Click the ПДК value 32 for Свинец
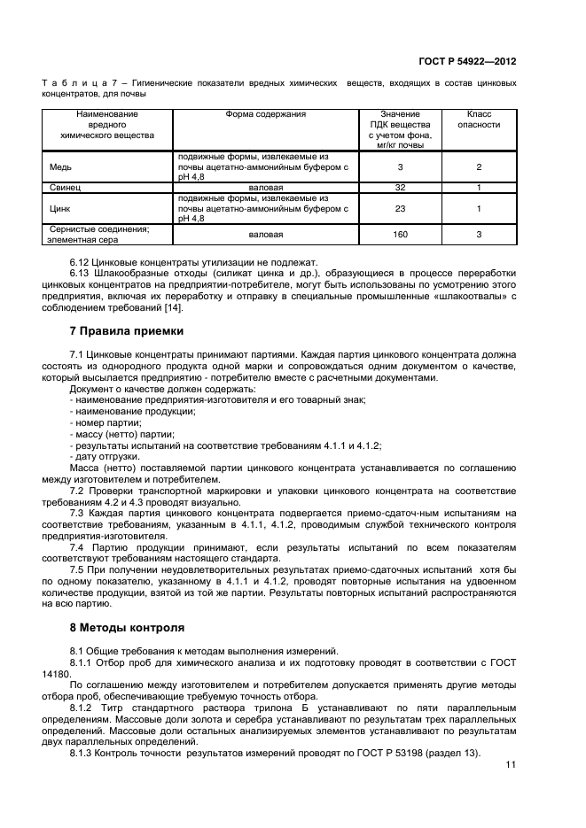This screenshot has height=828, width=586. click(400, 188)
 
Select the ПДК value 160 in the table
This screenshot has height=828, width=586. click(400, 235)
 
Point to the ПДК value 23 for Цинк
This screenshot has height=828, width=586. click(400, 209)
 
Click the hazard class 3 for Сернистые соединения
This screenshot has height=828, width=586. click(478, 235)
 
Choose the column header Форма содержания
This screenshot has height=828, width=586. click(264, 114)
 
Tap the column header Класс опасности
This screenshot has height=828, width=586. click(478, 120)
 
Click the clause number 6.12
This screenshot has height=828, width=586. click(81, 263)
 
